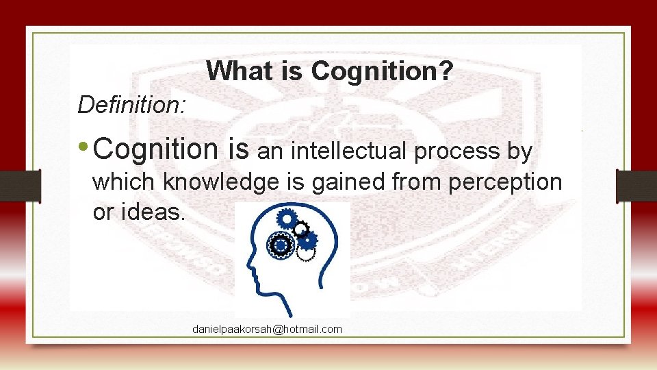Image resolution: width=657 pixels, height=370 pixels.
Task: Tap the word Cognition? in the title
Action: (382, 71)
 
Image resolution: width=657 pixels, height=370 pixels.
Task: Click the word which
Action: (125, 182)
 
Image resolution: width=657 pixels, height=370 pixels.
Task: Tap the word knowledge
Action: (221, 182)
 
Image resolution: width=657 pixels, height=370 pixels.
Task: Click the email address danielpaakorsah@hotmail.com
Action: (267, 330)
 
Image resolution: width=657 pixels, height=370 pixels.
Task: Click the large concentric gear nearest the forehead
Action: (280, 244)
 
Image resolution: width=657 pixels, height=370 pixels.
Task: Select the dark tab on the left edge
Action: (20, 185)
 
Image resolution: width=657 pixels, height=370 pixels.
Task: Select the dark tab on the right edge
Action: (636, 185)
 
